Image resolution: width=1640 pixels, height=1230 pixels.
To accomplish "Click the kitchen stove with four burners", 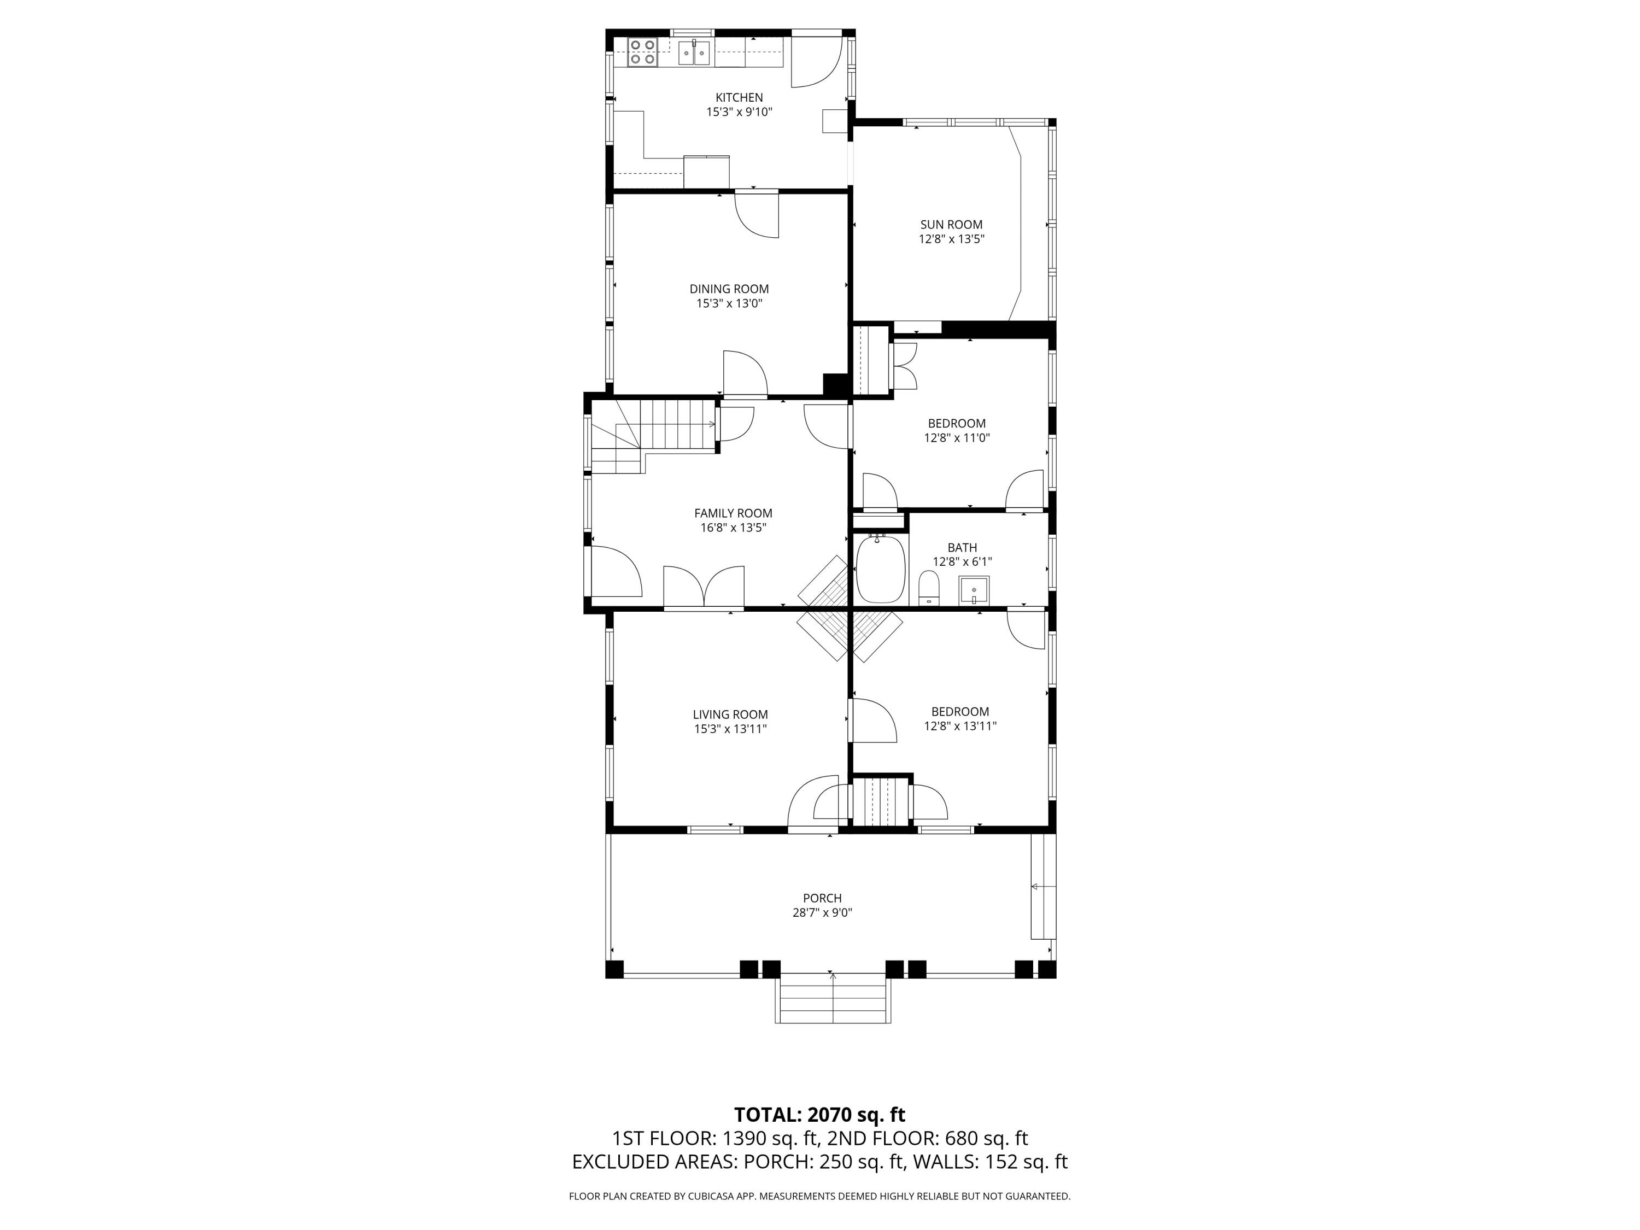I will (x=643, y=52).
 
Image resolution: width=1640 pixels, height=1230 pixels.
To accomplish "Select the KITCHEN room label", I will (x=739, y=97).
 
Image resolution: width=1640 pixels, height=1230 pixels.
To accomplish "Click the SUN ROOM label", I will (x=951, y=224).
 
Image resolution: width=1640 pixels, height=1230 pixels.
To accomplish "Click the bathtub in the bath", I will (x=881, y=569).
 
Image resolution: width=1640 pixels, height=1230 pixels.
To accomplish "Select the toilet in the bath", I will (x=928, y=587).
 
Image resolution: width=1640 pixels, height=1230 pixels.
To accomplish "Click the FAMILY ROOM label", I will (x=733, y=513).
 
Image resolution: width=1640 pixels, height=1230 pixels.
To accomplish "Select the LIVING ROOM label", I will (x=730, y=714).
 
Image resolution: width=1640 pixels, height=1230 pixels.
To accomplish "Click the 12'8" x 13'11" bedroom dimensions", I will (x=959, y=727).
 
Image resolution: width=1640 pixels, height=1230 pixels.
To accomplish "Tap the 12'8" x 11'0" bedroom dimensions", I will (x=957, y=438).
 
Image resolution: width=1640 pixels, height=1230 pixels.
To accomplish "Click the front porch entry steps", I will (x=833, y=1001).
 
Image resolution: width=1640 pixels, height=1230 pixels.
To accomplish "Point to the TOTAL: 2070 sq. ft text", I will (x=819, y=1115).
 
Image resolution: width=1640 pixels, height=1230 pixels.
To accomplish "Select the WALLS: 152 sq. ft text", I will (x=990, y=1162).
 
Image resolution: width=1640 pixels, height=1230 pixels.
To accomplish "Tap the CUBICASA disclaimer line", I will (x=819, y=1196).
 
